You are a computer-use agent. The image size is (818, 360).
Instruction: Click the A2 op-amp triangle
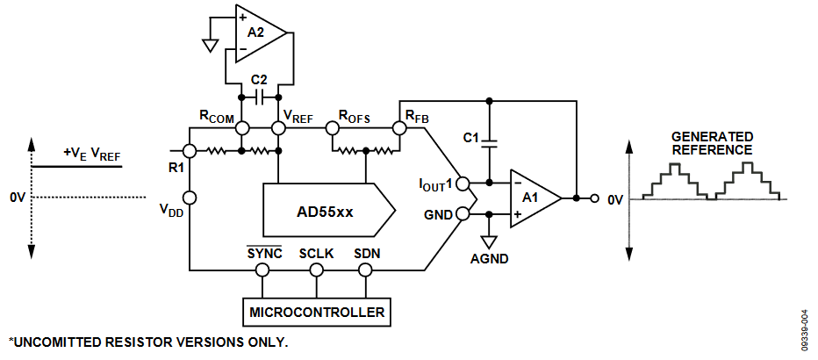coord(260,34)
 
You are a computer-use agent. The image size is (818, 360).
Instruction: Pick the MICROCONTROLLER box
coord(317,312)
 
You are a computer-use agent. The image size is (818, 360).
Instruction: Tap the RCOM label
coord(217,116)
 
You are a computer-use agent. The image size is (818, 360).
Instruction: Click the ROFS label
coord(355,116)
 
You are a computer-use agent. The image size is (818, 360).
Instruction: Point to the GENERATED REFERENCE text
coord(712,143)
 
